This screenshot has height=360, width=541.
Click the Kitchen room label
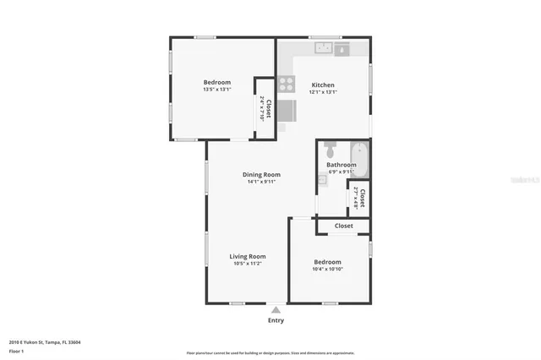tap(323, 85)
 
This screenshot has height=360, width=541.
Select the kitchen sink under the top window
tap(323, 49)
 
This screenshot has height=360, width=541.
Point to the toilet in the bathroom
tap(331, 150)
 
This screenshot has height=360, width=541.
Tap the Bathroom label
tap(341, 165)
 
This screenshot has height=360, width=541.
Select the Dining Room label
tap(260, 175)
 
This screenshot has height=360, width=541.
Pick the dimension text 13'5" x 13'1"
tap(216, 90)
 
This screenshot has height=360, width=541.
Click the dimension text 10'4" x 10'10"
tap(327, 269)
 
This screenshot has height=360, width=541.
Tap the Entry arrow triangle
tap(276, 310)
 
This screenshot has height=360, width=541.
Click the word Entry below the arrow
tap(276, 320)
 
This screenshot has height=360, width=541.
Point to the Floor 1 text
tap(16, 351)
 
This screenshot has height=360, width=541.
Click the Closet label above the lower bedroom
tap(343, 226)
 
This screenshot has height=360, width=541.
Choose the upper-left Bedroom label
tap(216, 82)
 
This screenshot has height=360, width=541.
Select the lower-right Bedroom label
tap(327, 261)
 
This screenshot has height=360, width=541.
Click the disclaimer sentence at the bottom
tap(270, 352)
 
